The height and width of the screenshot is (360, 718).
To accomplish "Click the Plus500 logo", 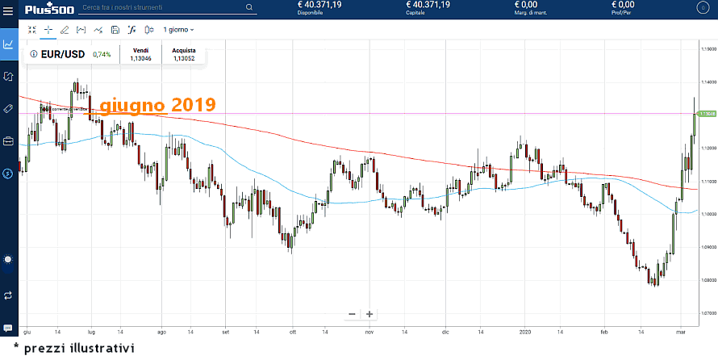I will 48,8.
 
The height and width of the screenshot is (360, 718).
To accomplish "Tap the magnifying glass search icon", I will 248,7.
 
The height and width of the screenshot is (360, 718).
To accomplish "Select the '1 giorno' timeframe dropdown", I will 178,30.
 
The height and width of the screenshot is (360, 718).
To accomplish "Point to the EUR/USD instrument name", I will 65,54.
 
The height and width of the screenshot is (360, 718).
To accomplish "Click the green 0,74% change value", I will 102,55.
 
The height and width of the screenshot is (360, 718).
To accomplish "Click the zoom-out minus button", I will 352,313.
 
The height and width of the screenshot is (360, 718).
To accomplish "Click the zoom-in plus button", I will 369,313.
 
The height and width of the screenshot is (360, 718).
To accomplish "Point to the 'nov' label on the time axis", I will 369,332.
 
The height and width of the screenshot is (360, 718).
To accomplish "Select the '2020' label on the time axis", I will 524,332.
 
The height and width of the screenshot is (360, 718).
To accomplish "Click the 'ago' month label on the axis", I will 161,332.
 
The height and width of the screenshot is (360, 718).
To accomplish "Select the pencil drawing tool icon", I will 65,30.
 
